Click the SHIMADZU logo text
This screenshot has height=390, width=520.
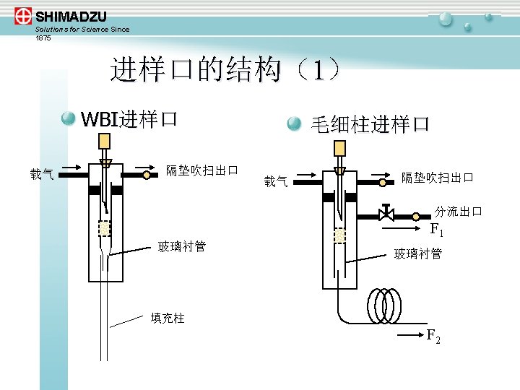70,16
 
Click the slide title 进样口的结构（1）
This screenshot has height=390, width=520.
224,70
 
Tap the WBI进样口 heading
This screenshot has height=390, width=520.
129,118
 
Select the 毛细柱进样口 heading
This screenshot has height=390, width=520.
370,124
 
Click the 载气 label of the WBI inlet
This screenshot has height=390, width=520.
41,173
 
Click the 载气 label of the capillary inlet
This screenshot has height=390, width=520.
275,181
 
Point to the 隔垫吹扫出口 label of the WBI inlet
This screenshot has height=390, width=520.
201,171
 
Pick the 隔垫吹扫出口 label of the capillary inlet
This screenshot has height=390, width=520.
437,178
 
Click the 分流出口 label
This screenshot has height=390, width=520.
458,212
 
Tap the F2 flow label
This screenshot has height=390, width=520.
433,336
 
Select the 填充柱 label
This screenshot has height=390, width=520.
167,318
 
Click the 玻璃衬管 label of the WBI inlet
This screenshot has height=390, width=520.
182,247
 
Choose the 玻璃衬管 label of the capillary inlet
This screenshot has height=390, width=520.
417,253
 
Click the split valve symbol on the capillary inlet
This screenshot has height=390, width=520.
386,214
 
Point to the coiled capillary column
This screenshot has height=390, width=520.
386,305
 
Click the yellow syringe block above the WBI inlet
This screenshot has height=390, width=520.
104,140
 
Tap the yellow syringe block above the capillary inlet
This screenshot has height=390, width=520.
339,148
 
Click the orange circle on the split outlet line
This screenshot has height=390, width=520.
416,216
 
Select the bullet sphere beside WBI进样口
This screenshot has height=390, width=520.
68,118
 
